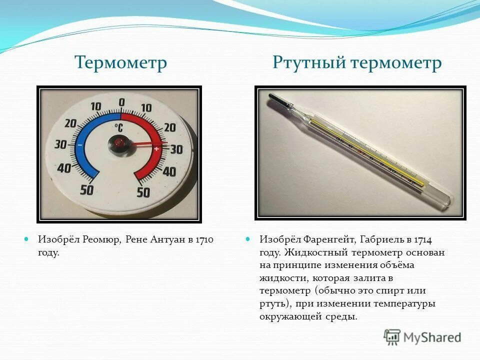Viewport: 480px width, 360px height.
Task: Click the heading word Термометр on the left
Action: coord(120,63)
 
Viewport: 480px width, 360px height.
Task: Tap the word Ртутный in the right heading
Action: coord(309,63)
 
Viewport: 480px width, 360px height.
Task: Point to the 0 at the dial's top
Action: coord(121,102)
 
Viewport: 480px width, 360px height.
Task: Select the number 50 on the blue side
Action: coord(87,190)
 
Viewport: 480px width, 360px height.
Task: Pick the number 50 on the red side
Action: coord(143,192)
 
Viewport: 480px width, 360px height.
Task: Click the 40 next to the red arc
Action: coord(169,172)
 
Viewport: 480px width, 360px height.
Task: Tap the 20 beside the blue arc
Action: coord(70,124)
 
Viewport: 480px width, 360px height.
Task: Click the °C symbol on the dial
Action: coord(118,127)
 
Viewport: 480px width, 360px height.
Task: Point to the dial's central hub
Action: coord(120,143)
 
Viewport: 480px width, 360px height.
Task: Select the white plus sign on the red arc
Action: coord(156,149)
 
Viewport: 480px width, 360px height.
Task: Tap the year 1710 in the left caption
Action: coord(204,239)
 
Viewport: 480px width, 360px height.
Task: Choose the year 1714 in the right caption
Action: coord(421,239)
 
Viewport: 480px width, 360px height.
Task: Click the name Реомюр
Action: coord(102,239)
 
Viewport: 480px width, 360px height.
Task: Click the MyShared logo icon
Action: coord(392,337)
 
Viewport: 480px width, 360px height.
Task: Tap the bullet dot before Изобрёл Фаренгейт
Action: coord(248,239)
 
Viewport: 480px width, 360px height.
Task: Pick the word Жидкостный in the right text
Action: coord(317,252)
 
